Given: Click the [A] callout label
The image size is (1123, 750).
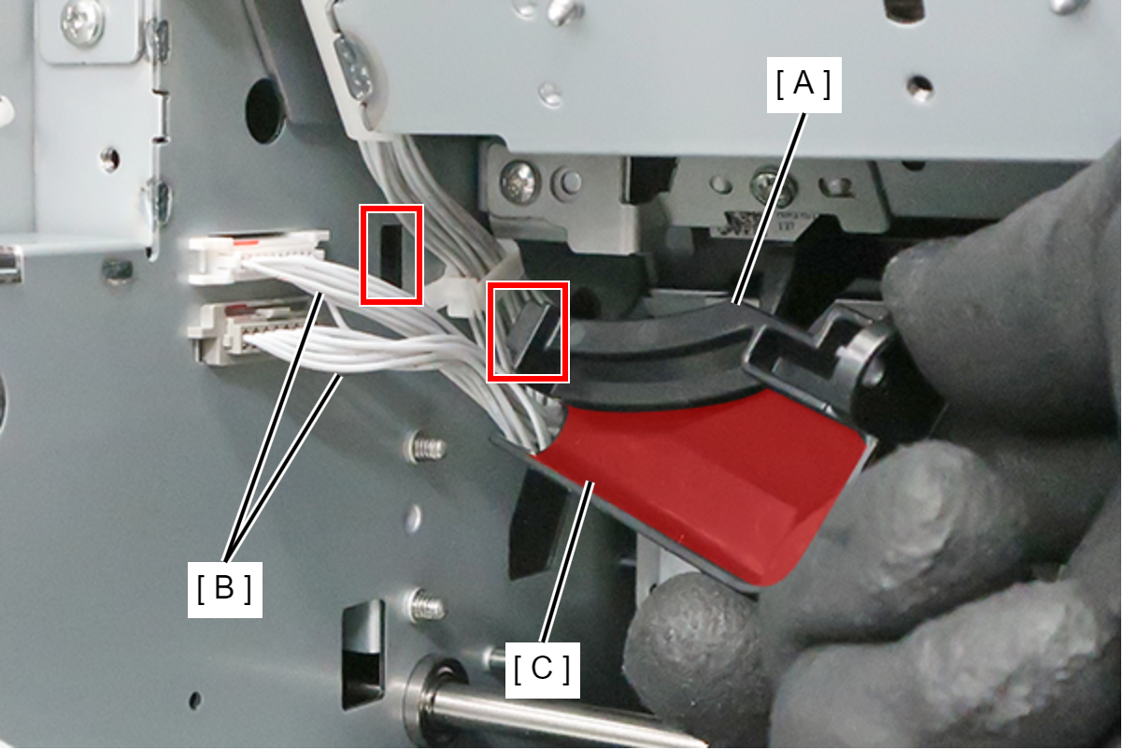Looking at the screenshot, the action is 803,85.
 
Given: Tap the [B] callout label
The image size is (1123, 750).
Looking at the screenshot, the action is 224,589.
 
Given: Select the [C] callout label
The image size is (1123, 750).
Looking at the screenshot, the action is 543,670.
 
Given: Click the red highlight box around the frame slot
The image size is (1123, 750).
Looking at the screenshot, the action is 391,254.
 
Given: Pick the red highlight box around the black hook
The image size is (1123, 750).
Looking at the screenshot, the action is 528,332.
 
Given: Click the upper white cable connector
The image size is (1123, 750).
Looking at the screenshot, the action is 258,257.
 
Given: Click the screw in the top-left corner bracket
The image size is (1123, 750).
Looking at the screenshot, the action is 79,22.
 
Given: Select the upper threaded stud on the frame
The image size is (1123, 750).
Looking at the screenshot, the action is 426,447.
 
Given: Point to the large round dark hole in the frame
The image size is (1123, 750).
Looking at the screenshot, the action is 263,108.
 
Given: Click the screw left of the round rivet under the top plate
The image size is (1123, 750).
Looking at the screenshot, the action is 521,180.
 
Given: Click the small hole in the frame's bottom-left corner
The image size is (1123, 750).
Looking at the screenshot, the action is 195,700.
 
